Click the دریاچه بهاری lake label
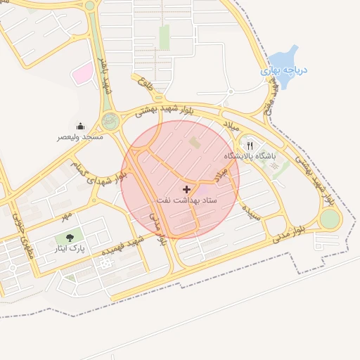coord(281,71)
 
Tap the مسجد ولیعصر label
coord(80,137)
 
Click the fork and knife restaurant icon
coord(250,145)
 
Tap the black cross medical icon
coord(186,189)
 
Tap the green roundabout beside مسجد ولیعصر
coord(110,121)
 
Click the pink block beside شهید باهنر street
coord(84,72)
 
